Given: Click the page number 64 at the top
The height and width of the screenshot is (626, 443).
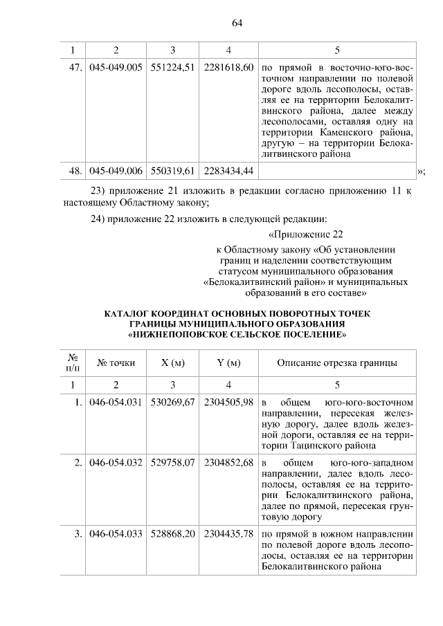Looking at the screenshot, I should (236, 23).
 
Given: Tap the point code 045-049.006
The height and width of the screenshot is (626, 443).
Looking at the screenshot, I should (116, 170).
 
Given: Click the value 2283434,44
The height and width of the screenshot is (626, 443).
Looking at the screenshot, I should (228, 170).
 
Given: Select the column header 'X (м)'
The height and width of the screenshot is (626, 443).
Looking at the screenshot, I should (172, 362).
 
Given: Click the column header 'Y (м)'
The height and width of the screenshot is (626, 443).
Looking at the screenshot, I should (228, 362).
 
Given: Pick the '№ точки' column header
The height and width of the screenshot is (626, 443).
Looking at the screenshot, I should (116, 362).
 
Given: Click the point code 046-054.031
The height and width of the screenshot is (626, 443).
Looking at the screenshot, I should (116, 403).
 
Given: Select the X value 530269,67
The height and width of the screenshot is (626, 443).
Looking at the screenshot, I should (172, 403).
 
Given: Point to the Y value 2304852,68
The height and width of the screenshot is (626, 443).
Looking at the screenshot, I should (228, 462).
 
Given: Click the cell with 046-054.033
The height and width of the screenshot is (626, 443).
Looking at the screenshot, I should (116, 534).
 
